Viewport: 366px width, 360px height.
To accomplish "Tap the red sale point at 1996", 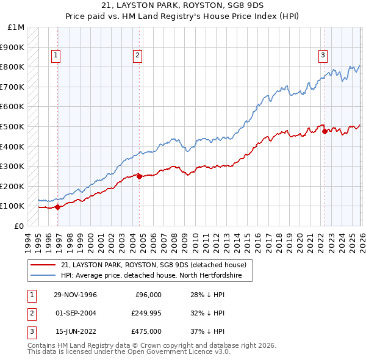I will (x=58, y=207).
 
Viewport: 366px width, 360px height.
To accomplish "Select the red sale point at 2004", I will (x=139, y=176).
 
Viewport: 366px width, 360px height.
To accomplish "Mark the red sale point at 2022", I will (x=324, y=131).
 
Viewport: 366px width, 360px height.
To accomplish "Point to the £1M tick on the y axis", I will (x=16, y=27).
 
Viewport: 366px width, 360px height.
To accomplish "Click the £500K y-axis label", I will (x=13, y=126).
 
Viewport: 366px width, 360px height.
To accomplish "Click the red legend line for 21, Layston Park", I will (x=43, y=265).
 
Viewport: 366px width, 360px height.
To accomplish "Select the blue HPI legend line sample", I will (x=43, y=276).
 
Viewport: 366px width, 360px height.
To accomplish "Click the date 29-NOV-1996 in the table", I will (x=75, y=295).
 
